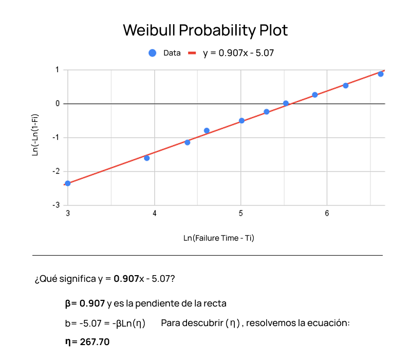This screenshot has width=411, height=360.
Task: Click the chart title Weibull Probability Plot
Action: click(x=205, y=30)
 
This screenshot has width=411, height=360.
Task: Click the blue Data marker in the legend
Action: click(x=152, y=52)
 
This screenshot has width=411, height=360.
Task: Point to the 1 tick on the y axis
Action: click(x=58, y=70)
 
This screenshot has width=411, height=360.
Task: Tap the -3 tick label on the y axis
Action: click(x=57, y=205)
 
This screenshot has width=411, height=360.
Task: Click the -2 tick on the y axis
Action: click(x=57, y=171)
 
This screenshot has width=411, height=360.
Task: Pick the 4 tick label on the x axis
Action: click(x=155, y=213)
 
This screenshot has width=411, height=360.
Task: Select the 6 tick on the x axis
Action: click(x=327, y=213)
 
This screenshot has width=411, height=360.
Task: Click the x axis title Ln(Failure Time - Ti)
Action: click(x=219, y=238)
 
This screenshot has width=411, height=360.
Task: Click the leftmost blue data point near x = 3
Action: click(x=68, y=183)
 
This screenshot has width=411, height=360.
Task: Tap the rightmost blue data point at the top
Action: click(x=381, y=74)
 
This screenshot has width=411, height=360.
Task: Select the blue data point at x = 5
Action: click(x=241, y=121)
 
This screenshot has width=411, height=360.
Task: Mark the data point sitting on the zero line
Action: click(x=286, y=103)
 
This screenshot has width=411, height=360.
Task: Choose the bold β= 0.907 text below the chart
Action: click(x=85, y=303)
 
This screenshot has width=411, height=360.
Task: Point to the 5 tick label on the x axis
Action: click(x=241, y=213)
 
